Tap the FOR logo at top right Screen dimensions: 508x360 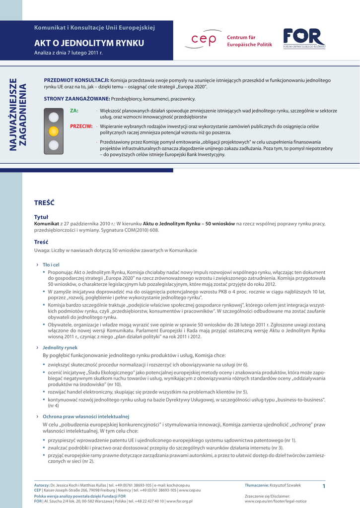[x=304, y=38]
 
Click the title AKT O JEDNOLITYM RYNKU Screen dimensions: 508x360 [x=89, y=43]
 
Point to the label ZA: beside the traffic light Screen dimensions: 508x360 [x=74, y=111]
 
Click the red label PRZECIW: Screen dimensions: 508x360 [x=81, y=127]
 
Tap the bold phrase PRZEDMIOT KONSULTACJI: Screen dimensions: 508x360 [x=76, y=80]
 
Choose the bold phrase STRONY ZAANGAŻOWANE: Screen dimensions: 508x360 [x=76, y=99]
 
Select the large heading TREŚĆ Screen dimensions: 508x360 [x=44, y=202]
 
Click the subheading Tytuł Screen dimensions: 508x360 [x=41, y=217]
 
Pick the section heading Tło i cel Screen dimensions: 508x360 [x=51, y=265]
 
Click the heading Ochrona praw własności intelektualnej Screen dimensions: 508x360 [x=86, y=416]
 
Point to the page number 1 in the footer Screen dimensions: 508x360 [x=323, y=486]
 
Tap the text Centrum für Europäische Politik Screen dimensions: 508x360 [x=249, y=41]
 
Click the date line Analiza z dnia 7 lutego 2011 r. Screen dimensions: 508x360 [x=68, y=53]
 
